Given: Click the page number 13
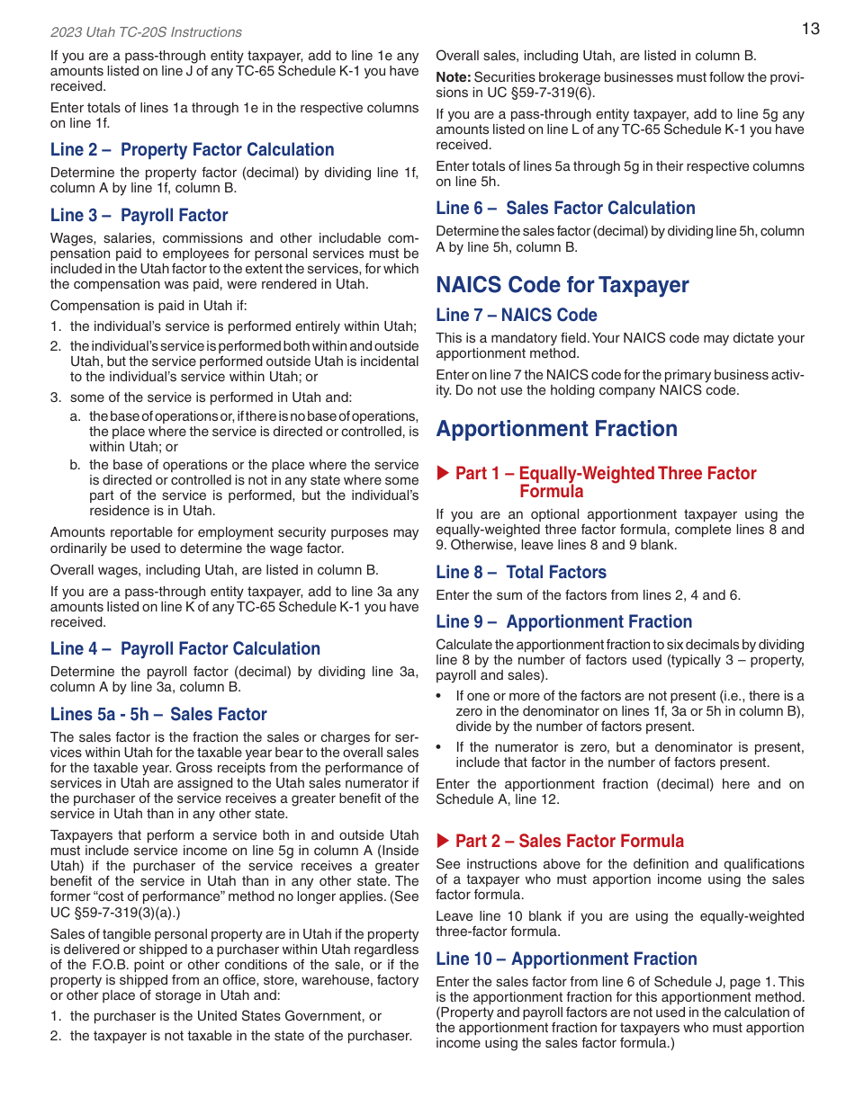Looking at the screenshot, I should [810, 29].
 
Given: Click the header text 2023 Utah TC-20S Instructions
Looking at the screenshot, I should [146, 32].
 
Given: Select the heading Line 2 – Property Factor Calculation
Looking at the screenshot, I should [192, 150].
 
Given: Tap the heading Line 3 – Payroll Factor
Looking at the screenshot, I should [139, 216].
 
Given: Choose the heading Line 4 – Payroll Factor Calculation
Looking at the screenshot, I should [184, 649].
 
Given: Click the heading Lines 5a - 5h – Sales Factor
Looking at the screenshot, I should [158, 715].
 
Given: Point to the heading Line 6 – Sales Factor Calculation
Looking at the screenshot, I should [565, 209].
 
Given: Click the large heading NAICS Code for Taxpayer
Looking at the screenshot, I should [562, 285].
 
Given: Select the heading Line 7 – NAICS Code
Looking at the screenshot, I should [516, 316].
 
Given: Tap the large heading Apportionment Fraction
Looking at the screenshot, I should [556, 429].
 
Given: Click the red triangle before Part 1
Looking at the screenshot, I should [442, 473].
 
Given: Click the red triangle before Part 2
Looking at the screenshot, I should [442, 841].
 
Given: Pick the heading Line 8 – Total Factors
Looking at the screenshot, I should [520, 573].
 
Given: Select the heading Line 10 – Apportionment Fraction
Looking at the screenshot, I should [566, 959].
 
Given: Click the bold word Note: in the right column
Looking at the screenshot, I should [454, 77].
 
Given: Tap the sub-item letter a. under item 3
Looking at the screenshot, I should [76, 417].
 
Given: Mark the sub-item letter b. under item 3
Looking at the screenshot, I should [76, 466].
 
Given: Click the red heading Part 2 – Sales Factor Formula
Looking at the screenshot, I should [569, 842].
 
